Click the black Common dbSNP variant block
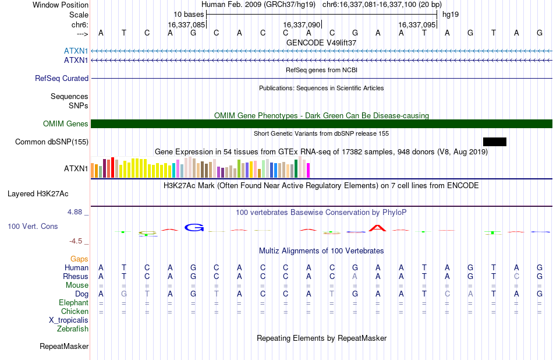point(494,142)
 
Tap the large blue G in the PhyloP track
point(194,228)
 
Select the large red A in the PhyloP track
point(377,228)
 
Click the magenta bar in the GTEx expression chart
point(309,170)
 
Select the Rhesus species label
point(76,276)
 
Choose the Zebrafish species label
point(73,329)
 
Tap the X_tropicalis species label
point(69,320)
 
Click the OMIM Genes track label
point(66,124)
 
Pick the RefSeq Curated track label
point(62,79)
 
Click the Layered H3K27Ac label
point(38,194)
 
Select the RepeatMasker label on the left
point(64,346)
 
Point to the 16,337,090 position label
point(302,24)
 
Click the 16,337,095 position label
point(417,24)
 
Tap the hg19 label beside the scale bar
point(451,15)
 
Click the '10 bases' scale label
point(189,15)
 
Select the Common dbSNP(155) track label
point(52,142)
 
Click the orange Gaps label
point(79,259)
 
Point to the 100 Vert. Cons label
point(33,226)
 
